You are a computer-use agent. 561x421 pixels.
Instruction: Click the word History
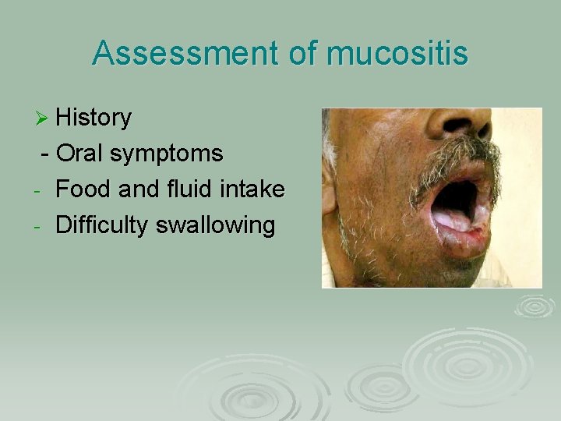(94, 118)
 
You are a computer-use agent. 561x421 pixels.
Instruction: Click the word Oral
(81, 154)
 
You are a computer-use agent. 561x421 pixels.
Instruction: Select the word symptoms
(167, 154)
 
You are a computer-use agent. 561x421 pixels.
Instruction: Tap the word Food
(84, 189)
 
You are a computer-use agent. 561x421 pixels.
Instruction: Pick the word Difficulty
(104, 226)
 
